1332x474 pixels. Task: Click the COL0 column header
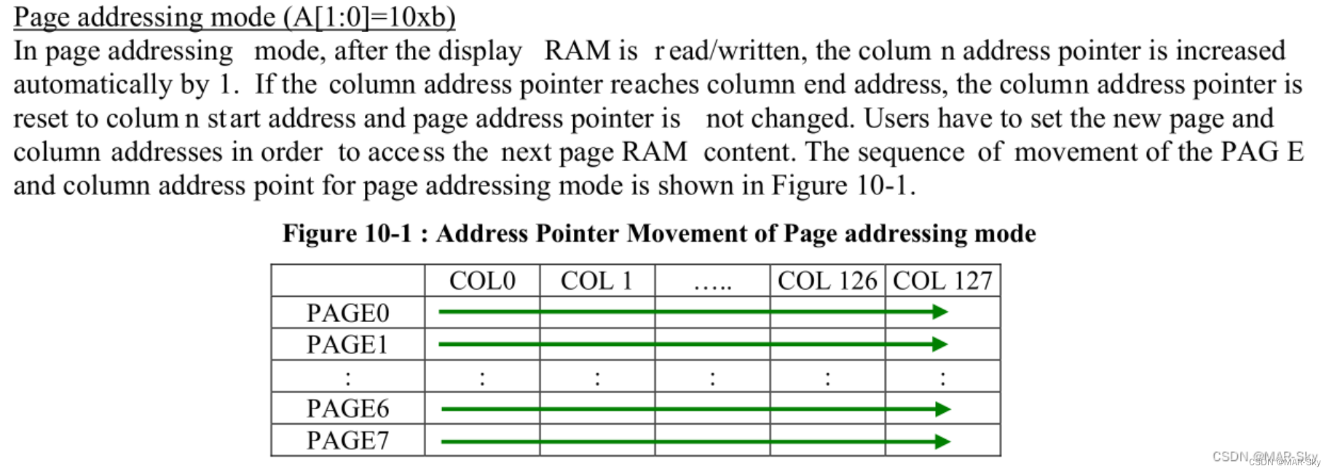click(x=482, y=281)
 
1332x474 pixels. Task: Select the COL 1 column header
click(x=596, y=281)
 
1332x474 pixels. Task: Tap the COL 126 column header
click(x=827, y=281)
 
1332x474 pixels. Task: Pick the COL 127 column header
click(x=942, y=281)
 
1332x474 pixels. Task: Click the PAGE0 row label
click(x=347, y=313)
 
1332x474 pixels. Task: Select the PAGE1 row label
click(x=347, y=344)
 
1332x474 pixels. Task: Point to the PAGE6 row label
click(x=347, y=408)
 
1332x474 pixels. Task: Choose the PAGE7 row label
click(x=347, y=441)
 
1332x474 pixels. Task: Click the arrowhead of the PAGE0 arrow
click(x=940, y=312)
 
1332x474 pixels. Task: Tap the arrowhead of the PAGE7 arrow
click(x=943, y=441)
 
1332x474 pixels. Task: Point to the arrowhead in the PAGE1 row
click(x=940, y=344)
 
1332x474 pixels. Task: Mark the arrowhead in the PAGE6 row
click(x=943, y=409)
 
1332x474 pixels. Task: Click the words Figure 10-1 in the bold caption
click(x=347, y=234)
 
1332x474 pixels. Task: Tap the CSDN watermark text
click(x=1265, y=457)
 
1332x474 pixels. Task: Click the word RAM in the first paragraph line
click(x=578, y=51)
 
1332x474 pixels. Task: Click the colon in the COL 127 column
click(x=942, y=378)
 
